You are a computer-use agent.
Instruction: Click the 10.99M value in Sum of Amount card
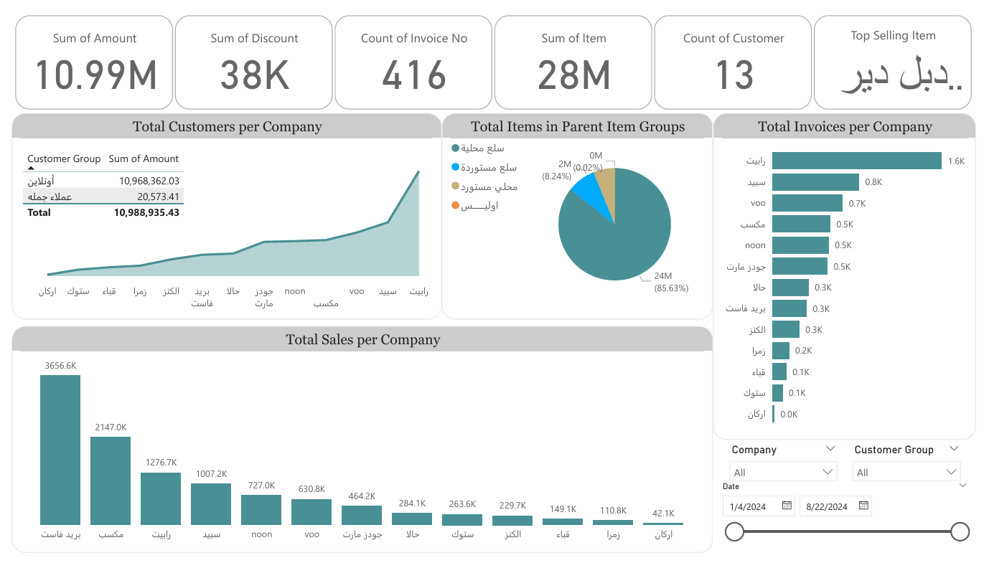coord(95,75)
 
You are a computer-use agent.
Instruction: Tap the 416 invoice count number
coord(414,75)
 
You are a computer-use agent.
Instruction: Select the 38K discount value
coord(254,75)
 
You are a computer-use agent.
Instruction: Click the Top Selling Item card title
coord(893,35)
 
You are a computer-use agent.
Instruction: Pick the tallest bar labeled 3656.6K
coord(60,450)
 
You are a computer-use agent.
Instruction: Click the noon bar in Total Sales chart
coord(261,510)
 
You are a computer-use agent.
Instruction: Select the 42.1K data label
coord(663,513)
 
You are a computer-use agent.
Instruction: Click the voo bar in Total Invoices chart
coord(807,203)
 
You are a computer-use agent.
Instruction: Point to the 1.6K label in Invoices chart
coord(956,161)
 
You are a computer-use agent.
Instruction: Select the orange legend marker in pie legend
coord(455,206)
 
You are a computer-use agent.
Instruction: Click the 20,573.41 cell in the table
coord(159,197)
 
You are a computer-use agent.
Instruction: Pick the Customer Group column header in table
coord(64,159)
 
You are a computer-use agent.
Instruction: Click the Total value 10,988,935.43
coord(146,212)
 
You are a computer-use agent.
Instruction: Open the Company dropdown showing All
coord(783,473)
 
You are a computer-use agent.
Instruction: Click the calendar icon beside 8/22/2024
coord(863,506)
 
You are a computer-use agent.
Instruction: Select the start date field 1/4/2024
coord(748,506)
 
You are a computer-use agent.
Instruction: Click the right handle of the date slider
coord(960,531)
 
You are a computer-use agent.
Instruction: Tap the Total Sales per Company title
coord(362,339)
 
